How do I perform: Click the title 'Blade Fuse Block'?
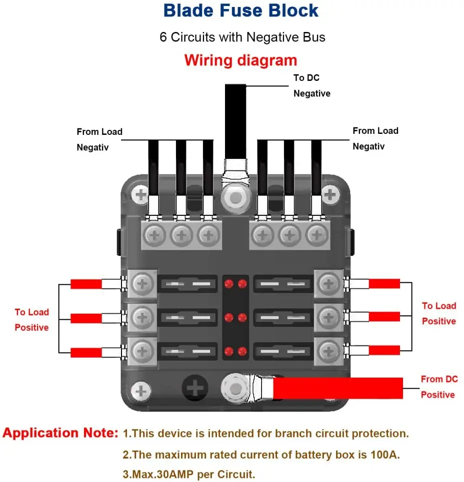click(240, 10)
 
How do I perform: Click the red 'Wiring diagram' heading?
click(240, 60)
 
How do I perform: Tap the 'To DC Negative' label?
click(311, 85)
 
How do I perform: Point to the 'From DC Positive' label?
click(438, 387)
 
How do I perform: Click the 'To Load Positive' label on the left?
click(31, 320)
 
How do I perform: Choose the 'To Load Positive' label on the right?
click(438, 313)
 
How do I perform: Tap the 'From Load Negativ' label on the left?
click(99, 139)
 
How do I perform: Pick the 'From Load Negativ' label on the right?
click(375, 138)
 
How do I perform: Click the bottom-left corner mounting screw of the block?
click(141, 390)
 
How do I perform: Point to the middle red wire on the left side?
click(86, 318)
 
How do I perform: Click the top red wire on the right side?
click(384, 284)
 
